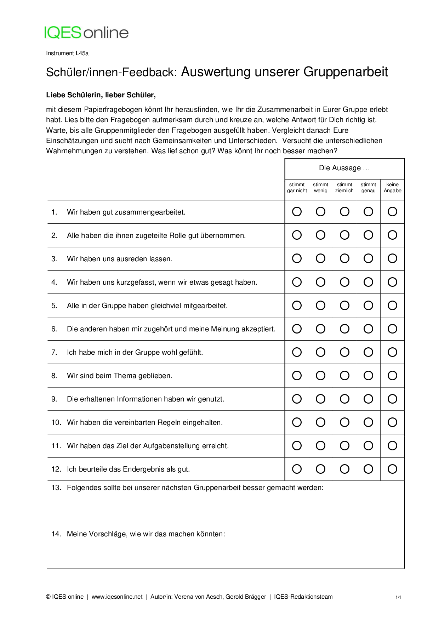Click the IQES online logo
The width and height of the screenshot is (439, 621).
tap(86, 33)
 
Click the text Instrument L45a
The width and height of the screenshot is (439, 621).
tap(67, 53)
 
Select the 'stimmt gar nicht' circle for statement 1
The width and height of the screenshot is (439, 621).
tap(297, 212)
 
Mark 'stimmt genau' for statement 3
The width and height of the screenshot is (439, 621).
tap(368, 258)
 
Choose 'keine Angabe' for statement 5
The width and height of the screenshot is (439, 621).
tap(392, 305)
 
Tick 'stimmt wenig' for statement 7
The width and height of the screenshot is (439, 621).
tap(320, 352)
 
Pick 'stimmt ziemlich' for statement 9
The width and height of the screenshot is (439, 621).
tap(344, 399)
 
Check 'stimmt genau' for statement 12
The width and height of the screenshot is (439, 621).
tap(368, 469)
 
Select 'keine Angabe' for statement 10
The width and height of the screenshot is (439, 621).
tap(392, 422)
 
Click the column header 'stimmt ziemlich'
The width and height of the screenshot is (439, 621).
tap(344, 188)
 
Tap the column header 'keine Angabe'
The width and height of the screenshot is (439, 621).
tap(392, 188)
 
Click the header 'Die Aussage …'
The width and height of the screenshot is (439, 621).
tap(344, 168)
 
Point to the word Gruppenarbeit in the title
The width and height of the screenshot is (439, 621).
tap(346, 72)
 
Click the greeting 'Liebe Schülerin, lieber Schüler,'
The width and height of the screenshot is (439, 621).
tap(101, 95)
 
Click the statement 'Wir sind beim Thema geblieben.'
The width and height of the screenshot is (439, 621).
tap(120, 376)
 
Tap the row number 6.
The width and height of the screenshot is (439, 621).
tap(54, 329)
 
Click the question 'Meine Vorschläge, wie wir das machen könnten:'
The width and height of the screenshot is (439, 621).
tap(146, 534)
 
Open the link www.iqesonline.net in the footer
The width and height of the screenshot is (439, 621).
tap(117, 597)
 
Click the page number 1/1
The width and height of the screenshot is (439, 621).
tap(398, 597)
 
